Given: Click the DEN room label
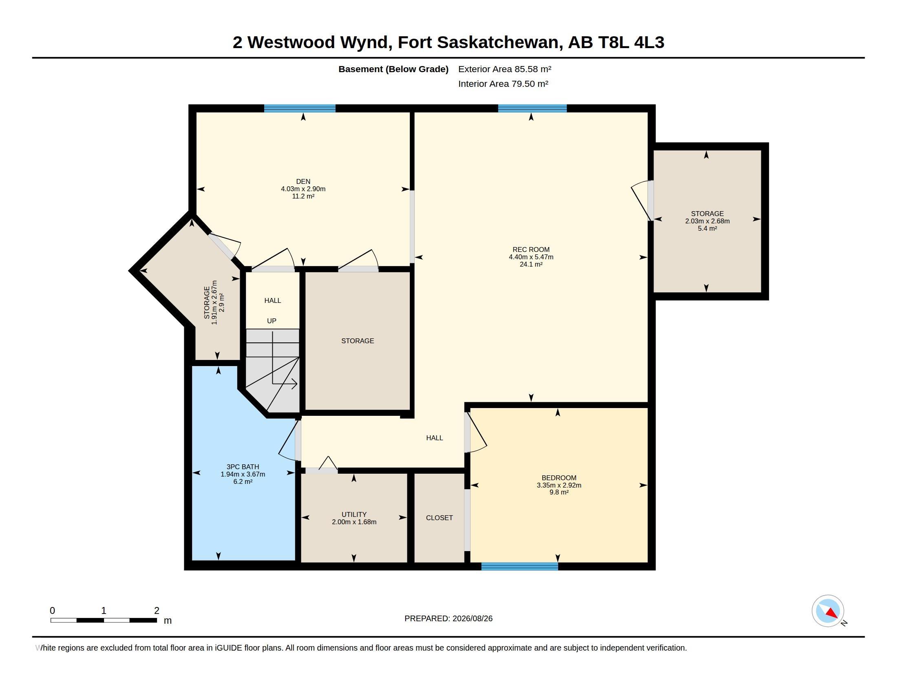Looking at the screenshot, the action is tap(303, 181).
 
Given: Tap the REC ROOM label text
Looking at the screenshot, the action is tap(531, 249).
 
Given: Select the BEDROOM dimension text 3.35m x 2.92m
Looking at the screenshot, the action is tap(559, 485).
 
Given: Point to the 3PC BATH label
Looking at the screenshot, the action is tap(243, 467).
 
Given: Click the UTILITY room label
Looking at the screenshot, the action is tap(354, 514).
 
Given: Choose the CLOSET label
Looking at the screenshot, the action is tap(440, 518).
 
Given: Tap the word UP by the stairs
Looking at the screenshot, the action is tap(272, 321).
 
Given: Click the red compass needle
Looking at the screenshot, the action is tap(832, 614).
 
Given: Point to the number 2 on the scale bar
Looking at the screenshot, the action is tap(157, 611).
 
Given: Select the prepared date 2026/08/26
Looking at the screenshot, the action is tap(472, 618).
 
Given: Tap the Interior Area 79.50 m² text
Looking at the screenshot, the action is tap(503, 84).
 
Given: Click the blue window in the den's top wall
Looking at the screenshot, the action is tap(300, 108).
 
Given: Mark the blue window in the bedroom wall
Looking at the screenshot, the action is tap(519, 567).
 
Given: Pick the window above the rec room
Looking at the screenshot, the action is tap(532, 108).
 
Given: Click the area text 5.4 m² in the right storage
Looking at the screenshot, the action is tap(707, 228).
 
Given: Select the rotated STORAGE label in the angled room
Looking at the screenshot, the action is tap(207, 302).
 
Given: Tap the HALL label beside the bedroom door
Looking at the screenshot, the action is tap(435, 438).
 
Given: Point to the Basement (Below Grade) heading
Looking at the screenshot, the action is tap(393, 69).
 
